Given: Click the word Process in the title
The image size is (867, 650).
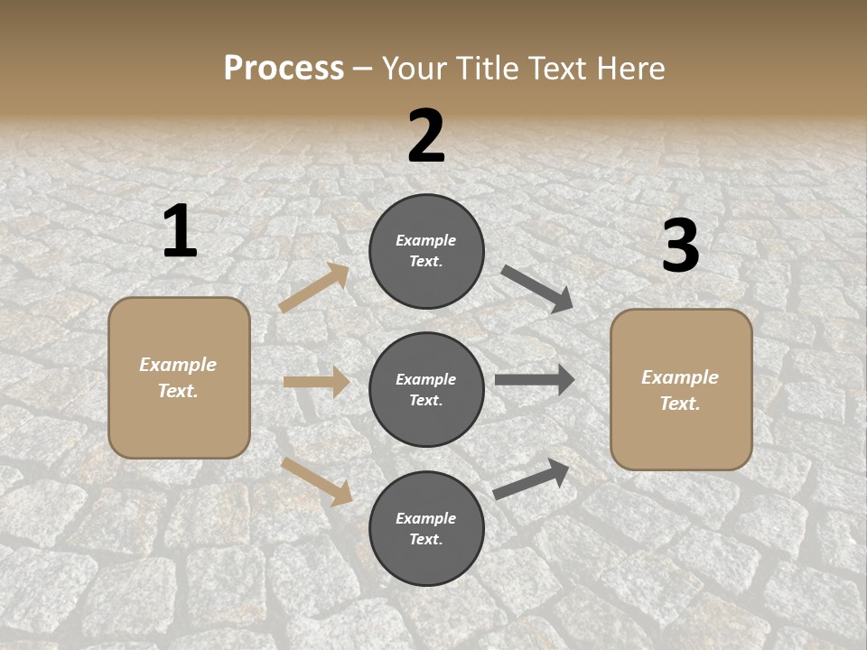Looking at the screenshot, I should pyautogui.click(x=284, y=69).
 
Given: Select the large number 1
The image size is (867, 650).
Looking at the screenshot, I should pyautogui.click(x=180, y=232).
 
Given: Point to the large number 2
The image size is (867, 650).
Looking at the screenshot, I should pyautogui.click(x=426, y=136).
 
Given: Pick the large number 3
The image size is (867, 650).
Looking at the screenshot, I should pyautogui.click(x=680, y=246).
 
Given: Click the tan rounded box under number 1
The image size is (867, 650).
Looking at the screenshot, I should pyautogui.click(x=179, y=377).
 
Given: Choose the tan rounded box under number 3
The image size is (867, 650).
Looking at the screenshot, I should pyautogui.click(x=681, y=389).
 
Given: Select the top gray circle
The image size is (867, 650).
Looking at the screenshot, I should pyautogui.click(x=426, y=251).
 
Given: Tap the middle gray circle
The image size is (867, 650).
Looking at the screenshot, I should pyautogui.click(x=426, y=389).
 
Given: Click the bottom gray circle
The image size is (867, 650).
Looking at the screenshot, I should pyautogui.click(x=426, y=528).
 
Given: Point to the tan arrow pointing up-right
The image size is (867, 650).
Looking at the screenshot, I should pyautogui.click(x=314, y=288).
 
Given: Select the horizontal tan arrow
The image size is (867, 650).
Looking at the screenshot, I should pyautogui.click(x=316, y=382).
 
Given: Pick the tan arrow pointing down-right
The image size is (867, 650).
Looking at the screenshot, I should pyautogui.click(x=316, y=480).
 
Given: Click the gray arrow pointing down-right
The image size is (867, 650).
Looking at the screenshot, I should pyautogui.click(x=537, y=289).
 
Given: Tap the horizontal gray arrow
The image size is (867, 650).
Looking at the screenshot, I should pyautogui.click(x=535, y=380).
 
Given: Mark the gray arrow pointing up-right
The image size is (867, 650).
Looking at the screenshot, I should pyautogui.click(x=531, y=479).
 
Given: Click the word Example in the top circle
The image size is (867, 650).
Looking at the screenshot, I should pyautogui.click(x=426, y=240).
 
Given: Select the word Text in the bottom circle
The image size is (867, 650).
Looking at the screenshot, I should pyautogui.click(x=424, y=539).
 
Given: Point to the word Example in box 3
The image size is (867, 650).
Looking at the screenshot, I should pyautogui.click(x=680, y=377).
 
